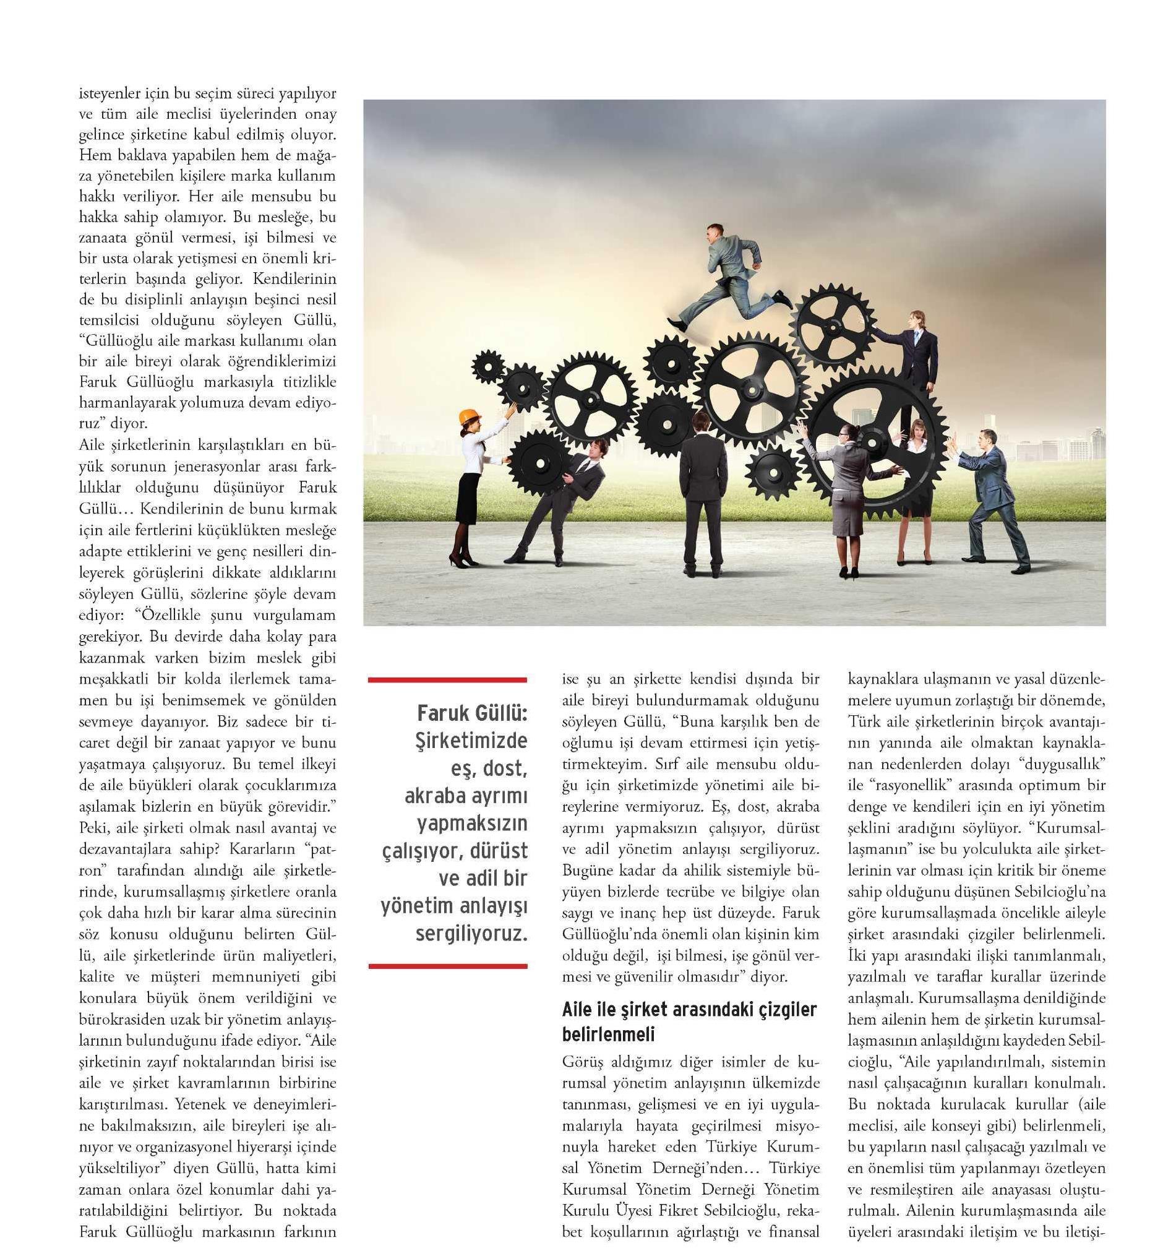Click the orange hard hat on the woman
(468, 417)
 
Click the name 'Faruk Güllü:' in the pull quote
(471, 713)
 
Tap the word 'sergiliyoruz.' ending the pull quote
(471, 933)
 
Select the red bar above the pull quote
(447, 680)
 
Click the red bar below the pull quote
(447, 965)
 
